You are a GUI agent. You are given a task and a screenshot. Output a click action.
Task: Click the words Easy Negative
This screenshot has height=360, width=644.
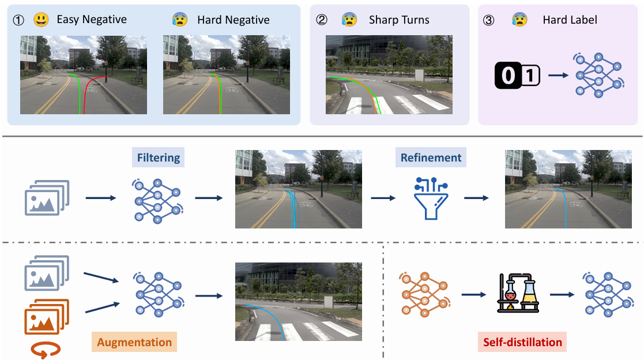pyautogui.click(x=92, y=19)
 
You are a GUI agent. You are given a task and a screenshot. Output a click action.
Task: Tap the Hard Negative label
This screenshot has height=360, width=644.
pyautogui.click(x=234, y=20)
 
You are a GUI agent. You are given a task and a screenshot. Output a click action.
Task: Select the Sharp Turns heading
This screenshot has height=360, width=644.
pyautogui.click(x=399, y=20)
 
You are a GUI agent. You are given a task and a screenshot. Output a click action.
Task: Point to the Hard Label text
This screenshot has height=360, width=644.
pyautogui.click(x=570, y=20)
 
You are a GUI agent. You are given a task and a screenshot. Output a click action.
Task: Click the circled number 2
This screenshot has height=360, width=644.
pyautogui.click(x=322, y=20)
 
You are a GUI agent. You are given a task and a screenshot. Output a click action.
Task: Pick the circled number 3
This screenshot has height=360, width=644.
pyautogui.click(x=488, y=20)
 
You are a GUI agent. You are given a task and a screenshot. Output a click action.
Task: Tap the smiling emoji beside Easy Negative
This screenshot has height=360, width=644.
pyautogui.click(x=41, y=19)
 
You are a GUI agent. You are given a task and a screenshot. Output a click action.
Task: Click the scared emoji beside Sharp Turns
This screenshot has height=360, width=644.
pyautogui.click(x=349, y=19)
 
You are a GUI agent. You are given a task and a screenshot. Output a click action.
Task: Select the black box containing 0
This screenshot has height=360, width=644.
pyautogui.click(x=508, y=75)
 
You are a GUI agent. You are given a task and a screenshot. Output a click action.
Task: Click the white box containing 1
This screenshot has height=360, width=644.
pyautogui.click(x=530, y=75)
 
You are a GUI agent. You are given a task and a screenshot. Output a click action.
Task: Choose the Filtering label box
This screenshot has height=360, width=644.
pyautogui.click(x=158, y=157)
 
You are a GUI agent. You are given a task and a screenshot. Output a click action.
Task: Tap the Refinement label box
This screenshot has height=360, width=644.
pyautogui.click(x=431, y=157)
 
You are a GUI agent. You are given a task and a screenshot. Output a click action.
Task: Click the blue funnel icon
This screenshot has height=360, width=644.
pyautogui.click(x=431, y=198)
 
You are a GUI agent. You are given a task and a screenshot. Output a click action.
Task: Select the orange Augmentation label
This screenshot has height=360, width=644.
pyautogui.click(x=134, y=342)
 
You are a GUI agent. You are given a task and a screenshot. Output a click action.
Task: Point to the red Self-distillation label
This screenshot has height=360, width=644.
pyautogui.click(x=522, y=342)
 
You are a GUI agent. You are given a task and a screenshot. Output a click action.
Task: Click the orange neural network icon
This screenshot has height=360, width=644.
pyautogui.click(x=424, y=294)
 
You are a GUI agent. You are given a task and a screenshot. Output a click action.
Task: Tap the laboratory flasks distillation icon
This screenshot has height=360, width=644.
pyautogui.click(x=518, y=294)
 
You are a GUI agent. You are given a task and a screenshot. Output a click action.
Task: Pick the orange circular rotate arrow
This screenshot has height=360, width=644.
pyautogui.click(x=46, y=350)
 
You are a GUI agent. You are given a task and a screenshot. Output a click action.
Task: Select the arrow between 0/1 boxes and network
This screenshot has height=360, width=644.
pyautogui.click(x=558, y=75)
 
